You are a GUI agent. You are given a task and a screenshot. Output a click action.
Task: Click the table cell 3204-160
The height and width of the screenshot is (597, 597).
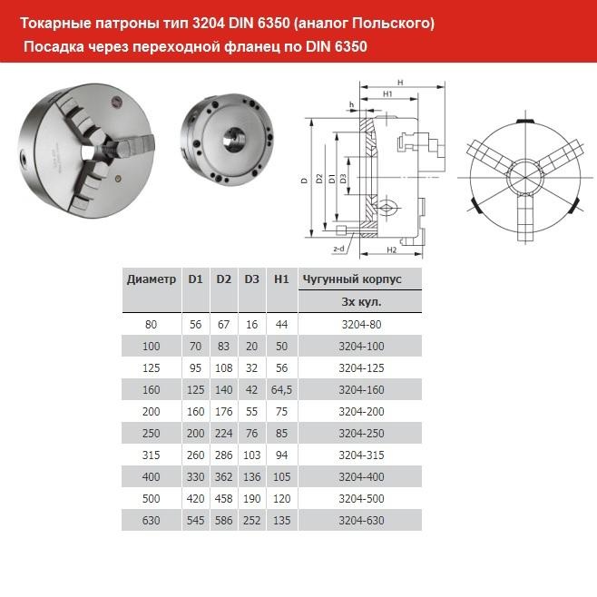(361, 388)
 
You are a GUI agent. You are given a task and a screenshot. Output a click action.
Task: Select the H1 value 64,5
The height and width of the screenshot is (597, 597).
(281, 388)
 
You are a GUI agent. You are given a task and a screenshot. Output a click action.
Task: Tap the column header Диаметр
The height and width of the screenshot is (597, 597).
(152, 279)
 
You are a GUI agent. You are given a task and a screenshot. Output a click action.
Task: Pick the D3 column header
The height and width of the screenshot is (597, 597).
(252, 279)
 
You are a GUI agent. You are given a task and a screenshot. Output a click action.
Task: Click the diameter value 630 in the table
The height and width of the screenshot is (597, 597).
(152, 520)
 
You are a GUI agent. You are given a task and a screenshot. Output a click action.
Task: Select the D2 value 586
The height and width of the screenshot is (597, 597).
(224, 520)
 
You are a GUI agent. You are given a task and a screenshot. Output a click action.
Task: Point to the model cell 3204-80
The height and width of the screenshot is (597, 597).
(361, 323)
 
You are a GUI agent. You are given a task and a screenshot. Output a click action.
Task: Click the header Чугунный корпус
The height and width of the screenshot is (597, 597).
(350, 279)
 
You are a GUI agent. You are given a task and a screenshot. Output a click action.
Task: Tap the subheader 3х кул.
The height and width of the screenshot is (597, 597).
(361, 301)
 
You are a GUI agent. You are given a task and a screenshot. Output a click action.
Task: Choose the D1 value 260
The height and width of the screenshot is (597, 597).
(195, 454)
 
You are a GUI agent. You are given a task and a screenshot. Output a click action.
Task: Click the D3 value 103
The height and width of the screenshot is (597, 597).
(252, 454)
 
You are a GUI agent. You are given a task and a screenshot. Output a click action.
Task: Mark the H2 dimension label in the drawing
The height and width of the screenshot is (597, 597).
(392, 249)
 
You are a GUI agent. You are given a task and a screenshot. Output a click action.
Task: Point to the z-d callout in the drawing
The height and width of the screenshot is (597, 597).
(338, 248)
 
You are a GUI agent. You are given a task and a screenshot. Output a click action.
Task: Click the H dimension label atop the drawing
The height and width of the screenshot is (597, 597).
(400, 83)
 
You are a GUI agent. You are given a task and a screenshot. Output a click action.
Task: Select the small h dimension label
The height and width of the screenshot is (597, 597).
(350, 104)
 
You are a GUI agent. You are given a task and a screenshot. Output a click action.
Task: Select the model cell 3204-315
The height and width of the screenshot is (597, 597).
(361, 454)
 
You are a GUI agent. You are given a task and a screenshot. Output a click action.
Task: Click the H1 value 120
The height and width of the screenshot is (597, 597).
(281, 498)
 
